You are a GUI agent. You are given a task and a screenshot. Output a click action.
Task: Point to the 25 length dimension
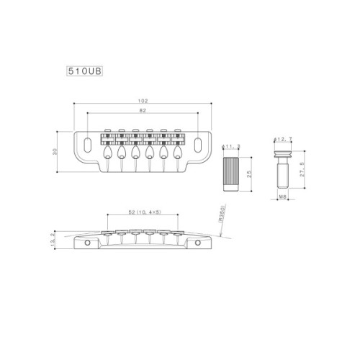[248, 173]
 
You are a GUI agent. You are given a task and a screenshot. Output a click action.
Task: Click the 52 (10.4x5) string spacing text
[143, 213]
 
